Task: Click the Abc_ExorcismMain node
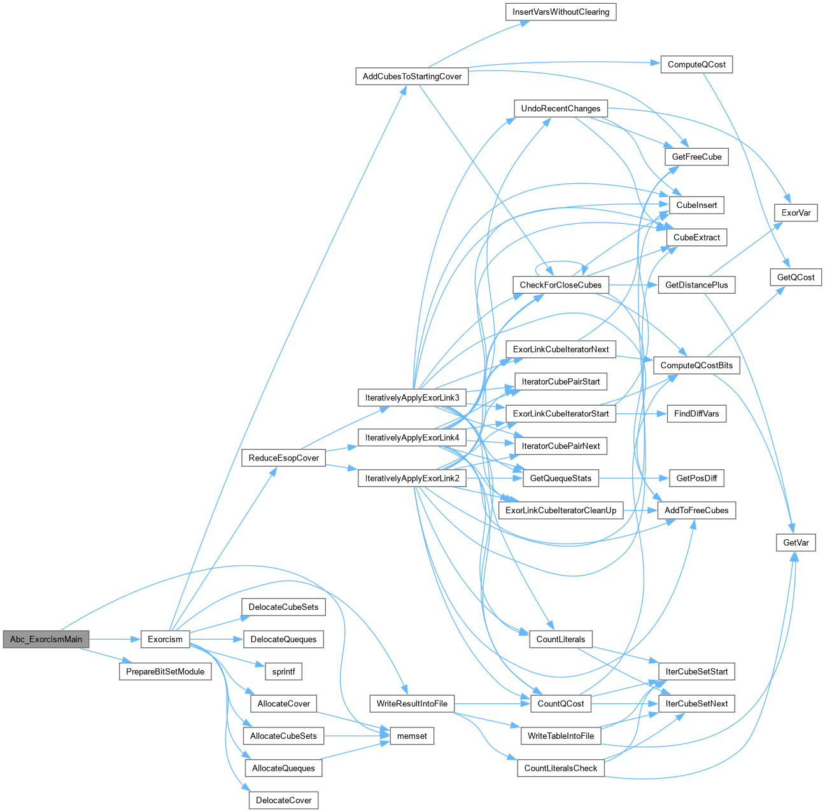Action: pos(46,639)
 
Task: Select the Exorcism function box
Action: pos(165,639)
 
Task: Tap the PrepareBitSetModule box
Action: pos(165,671)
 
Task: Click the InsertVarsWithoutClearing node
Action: pos(560,11)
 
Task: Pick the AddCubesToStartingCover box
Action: pos(412,76)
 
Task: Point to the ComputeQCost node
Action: pos(696,64)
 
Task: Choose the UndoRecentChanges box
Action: pos(560,108)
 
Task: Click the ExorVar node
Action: pos(796,212)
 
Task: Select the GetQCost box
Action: pos(796,277)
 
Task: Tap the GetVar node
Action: pos(796,542)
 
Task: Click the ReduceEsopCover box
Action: pos(283,458)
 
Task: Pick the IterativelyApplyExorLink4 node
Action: pos(412,437)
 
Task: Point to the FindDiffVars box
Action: pos(696,413)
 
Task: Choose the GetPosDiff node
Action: pos(696,478)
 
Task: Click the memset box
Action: pos(412,736)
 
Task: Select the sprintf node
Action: pos(283,671)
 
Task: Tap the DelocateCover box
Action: pos(283,800)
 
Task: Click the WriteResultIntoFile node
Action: pos(412,703)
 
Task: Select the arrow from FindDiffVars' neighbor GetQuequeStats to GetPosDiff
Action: pos(633,478)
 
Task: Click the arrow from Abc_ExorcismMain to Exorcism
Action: pos(115,639)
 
